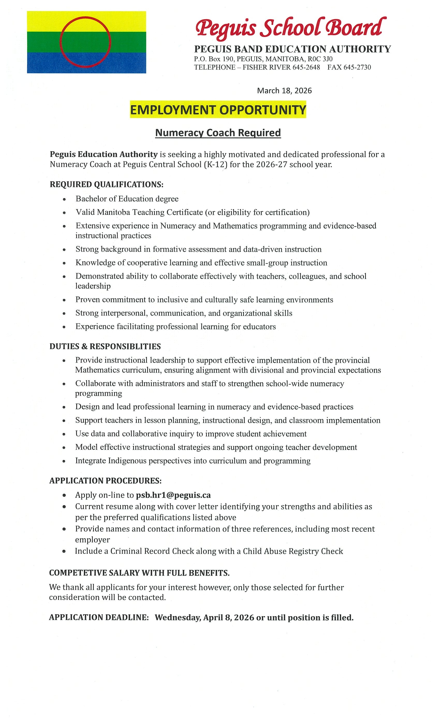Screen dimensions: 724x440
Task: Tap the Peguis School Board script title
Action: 291,28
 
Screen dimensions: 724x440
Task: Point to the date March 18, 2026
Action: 284,90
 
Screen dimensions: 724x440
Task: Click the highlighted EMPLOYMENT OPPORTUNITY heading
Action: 218,110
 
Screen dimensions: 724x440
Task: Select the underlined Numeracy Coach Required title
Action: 218,133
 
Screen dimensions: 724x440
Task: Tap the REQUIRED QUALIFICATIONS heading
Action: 106,185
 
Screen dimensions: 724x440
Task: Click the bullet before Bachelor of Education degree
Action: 64,199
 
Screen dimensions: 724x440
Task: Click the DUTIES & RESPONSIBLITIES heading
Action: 105,346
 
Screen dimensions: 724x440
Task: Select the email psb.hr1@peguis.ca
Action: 173,495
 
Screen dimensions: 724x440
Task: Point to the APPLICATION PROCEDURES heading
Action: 105,481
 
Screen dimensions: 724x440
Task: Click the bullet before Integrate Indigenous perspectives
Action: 64,461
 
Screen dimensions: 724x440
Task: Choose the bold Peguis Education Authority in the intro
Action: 104,154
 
